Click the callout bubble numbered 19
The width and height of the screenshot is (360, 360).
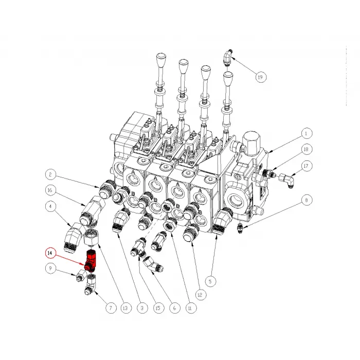[260, 77]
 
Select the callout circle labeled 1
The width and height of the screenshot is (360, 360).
[306, 133]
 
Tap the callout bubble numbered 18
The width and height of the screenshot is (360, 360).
[306, 150]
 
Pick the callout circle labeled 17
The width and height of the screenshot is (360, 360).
[306, 166]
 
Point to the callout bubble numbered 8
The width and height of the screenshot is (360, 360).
[307, 200]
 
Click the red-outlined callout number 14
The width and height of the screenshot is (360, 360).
[50, 253]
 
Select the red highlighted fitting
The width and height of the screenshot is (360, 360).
[91, 261]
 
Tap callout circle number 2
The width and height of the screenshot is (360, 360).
[51, 174]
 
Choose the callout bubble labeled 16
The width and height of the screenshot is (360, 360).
[50, 190]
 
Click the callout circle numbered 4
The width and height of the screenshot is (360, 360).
[51, 206]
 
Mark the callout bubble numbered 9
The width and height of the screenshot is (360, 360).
[50, 268]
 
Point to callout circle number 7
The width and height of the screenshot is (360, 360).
[111, 308]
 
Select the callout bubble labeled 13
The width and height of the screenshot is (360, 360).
[126, 308]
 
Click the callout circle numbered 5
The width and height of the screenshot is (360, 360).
[210, 281]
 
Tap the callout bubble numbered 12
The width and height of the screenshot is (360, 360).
[200, 295]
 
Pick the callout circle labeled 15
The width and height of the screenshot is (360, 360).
[158, 308]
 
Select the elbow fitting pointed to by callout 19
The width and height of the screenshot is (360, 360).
[228, 57]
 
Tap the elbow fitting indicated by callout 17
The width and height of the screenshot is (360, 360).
[287, 180]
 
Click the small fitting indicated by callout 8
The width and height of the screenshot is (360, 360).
[240, 228]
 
